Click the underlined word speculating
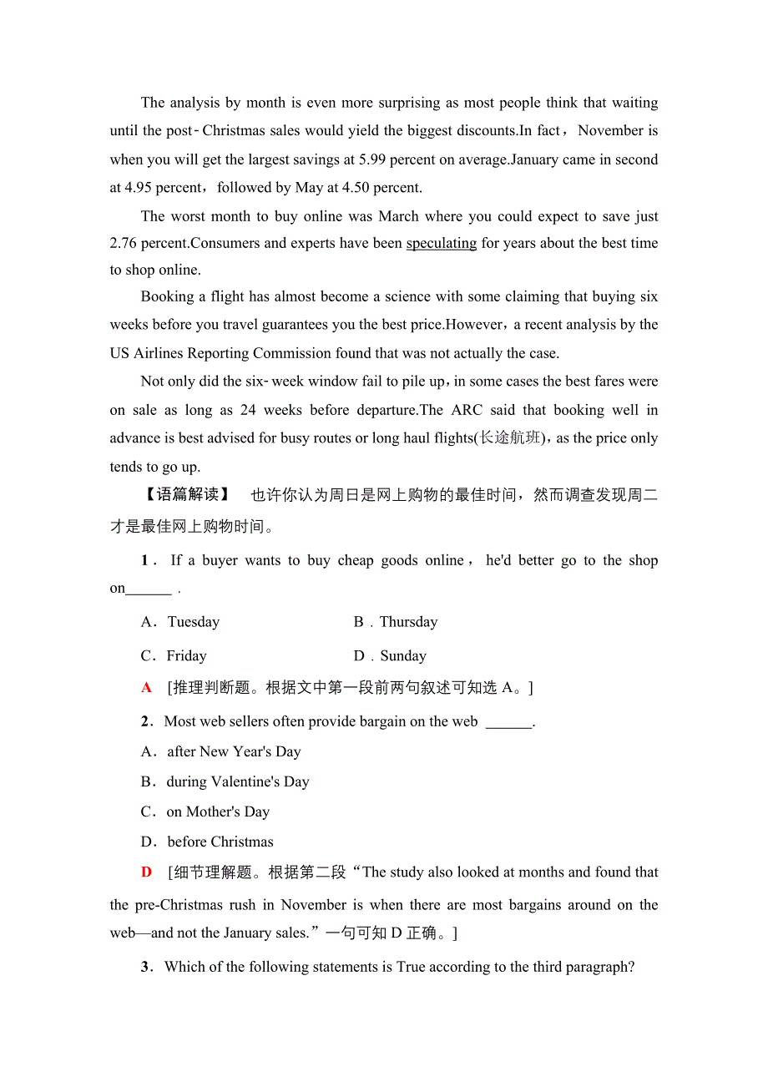tap(441, 243)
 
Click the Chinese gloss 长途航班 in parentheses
tap(508, 437)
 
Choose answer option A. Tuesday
tap(181, 622)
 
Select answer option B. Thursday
tap(396, 622)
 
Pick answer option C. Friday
tap(174, 656)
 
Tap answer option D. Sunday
tap(391, 656)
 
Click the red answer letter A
tap(147, 688)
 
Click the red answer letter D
tap(147, 872)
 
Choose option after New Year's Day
tap(221, 751)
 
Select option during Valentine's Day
tap(225, 781)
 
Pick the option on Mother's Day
tap(205, 811)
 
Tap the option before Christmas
tap(208, 842)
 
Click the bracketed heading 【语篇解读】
tap(184, 495)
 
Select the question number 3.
tap(146, 967)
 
